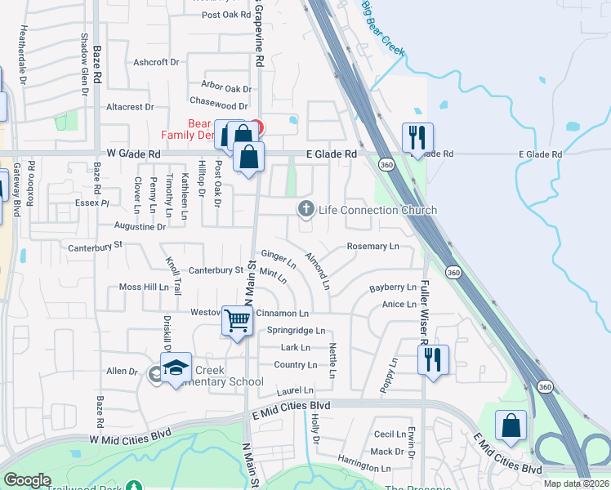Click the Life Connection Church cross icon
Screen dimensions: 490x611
[x=306, y=210]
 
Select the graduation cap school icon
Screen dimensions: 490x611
[x=176, y=369]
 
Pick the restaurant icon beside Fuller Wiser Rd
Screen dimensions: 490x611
[x=432, y=359]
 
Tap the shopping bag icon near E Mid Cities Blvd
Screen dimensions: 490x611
[x=511, y=425]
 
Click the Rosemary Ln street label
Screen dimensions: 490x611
[x=372, y=246]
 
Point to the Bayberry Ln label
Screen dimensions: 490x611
[x=392, y=287]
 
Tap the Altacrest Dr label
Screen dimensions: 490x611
[x=130, y=107]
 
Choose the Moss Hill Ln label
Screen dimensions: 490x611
[x=143, y=287]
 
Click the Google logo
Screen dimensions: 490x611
[x=27, y=480]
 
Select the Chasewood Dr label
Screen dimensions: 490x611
[x=218, y=106]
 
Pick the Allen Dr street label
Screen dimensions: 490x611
[x=122, y=372]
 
